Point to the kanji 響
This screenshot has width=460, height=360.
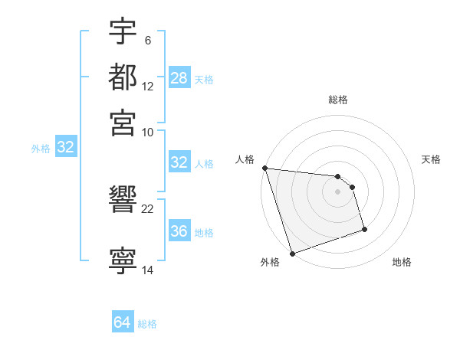(123, 201)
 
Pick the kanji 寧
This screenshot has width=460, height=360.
(123, 261)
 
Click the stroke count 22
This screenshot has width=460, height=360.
(148, 209)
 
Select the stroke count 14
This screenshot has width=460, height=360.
(148, 270)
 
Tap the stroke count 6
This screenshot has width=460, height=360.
(147, 39)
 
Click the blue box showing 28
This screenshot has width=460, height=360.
(179, 78)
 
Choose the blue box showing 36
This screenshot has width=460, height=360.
(179, 231)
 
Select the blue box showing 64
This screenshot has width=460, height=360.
(123, 322)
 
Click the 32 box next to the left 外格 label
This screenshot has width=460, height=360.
(65, 147)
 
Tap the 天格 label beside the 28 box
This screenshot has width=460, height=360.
(204, 79)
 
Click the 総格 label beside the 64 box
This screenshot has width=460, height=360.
(147, 323)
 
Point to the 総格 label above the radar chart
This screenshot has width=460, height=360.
(338, 100)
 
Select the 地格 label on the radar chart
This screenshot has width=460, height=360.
(402, 263)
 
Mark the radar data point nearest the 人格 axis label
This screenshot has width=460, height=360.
(264, 168)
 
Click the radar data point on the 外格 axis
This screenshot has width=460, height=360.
(292, 254)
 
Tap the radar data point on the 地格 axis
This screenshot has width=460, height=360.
(364, 229)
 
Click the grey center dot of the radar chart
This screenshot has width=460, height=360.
(337, 191)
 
